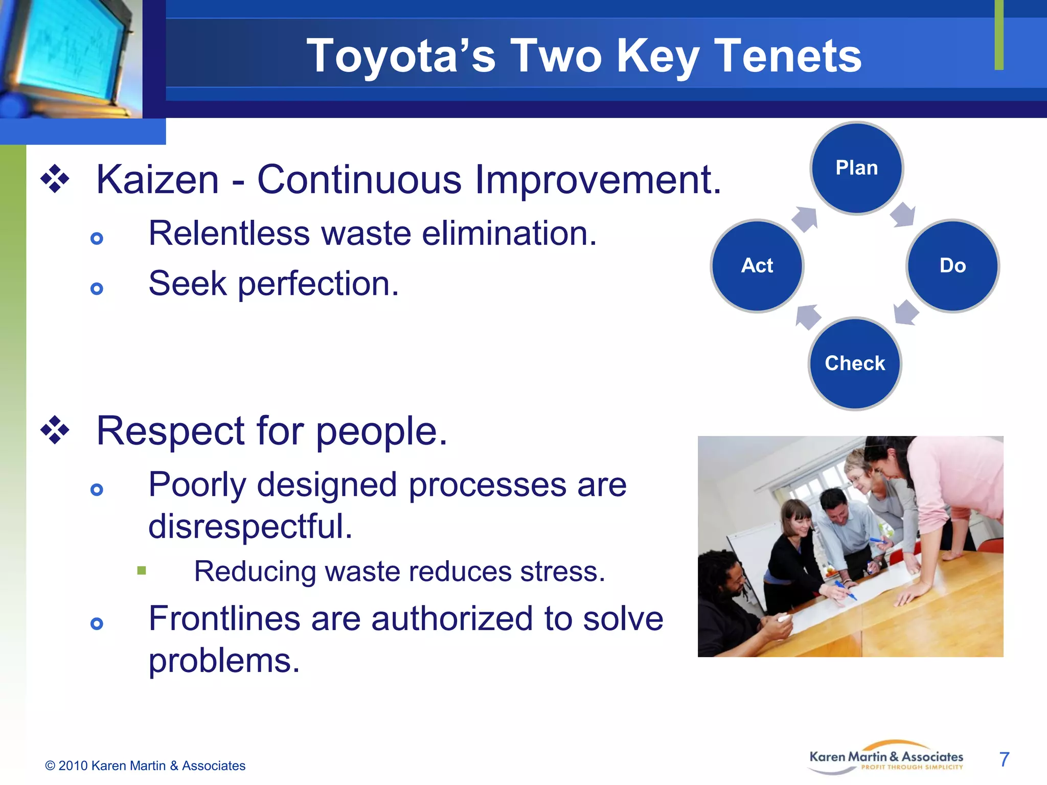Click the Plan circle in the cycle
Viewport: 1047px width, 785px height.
pos(857,168)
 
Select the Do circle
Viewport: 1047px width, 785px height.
pos(952,266)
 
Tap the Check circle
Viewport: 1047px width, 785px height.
pos(855,363)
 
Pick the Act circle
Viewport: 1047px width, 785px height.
pos(757,266)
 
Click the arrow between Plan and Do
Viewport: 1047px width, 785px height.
pos(903,214)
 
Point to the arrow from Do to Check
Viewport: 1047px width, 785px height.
pos(906,312)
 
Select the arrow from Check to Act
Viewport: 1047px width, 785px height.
pos(808,317)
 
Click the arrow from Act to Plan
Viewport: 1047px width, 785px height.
pos(805,219)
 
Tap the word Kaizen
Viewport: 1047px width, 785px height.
pos(157,180)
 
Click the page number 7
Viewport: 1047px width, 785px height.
pos(1004,759)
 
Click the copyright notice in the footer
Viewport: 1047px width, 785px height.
pos(145,766)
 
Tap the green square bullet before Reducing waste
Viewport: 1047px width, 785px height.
pos(142,570)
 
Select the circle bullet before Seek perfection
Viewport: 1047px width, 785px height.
pos(97,289)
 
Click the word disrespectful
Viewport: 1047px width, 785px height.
pos(250,526)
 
